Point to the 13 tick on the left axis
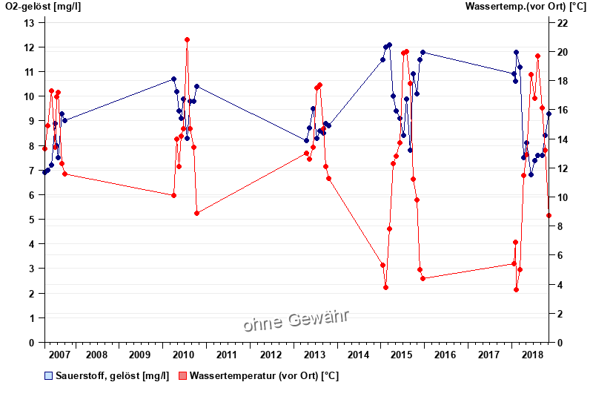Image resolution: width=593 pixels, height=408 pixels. (30, 23)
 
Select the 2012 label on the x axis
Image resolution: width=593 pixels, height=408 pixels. (271, 355)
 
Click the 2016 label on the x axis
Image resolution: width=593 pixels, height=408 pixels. (445, 355)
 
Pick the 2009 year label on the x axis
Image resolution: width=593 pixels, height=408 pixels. (139, 355)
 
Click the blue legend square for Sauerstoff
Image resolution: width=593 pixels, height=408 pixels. (49, 376)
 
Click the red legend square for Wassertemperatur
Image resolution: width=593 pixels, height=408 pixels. (182, 376)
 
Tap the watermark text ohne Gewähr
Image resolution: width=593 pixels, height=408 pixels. (296, 321)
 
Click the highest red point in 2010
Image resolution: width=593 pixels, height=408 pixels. (187, 40)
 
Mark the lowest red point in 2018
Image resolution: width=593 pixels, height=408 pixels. (516, 289)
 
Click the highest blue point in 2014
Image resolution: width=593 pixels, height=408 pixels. (389, 45)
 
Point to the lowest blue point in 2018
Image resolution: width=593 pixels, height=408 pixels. (531, 174)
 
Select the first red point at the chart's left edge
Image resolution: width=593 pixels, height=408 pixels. (44, 148)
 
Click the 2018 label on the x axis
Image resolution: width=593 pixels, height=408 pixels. (532, 355)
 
